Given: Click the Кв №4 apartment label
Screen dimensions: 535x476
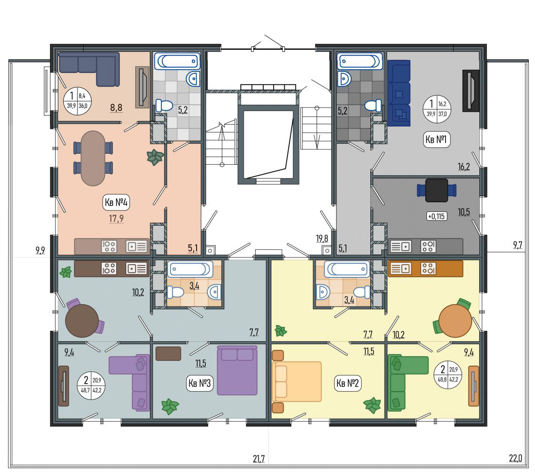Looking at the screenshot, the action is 116,202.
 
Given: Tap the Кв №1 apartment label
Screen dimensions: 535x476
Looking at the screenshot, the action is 436,139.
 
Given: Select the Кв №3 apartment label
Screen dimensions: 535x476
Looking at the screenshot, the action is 200,383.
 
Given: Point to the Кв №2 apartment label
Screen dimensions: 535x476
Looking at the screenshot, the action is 347,383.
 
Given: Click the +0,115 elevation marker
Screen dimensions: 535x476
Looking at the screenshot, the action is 436,216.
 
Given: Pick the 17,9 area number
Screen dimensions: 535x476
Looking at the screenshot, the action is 116,218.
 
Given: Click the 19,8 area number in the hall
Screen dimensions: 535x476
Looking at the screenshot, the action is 322,238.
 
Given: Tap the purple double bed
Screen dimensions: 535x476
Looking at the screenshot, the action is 238,370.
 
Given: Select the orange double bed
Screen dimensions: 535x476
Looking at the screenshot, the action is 297,381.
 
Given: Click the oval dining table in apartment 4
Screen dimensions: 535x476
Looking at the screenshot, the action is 93,158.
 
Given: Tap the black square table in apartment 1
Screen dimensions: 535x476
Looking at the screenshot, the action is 436,190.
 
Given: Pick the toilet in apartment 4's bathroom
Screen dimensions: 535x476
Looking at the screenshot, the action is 165,106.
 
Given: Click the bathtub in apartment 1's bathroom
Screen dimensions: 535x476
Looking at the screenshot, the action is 360,61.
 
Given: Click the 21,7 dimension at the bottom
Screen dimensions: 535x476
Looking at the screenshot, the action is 258,458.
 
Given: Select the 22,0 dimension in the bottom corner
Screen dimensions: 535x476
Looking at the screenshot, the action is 515,458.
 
